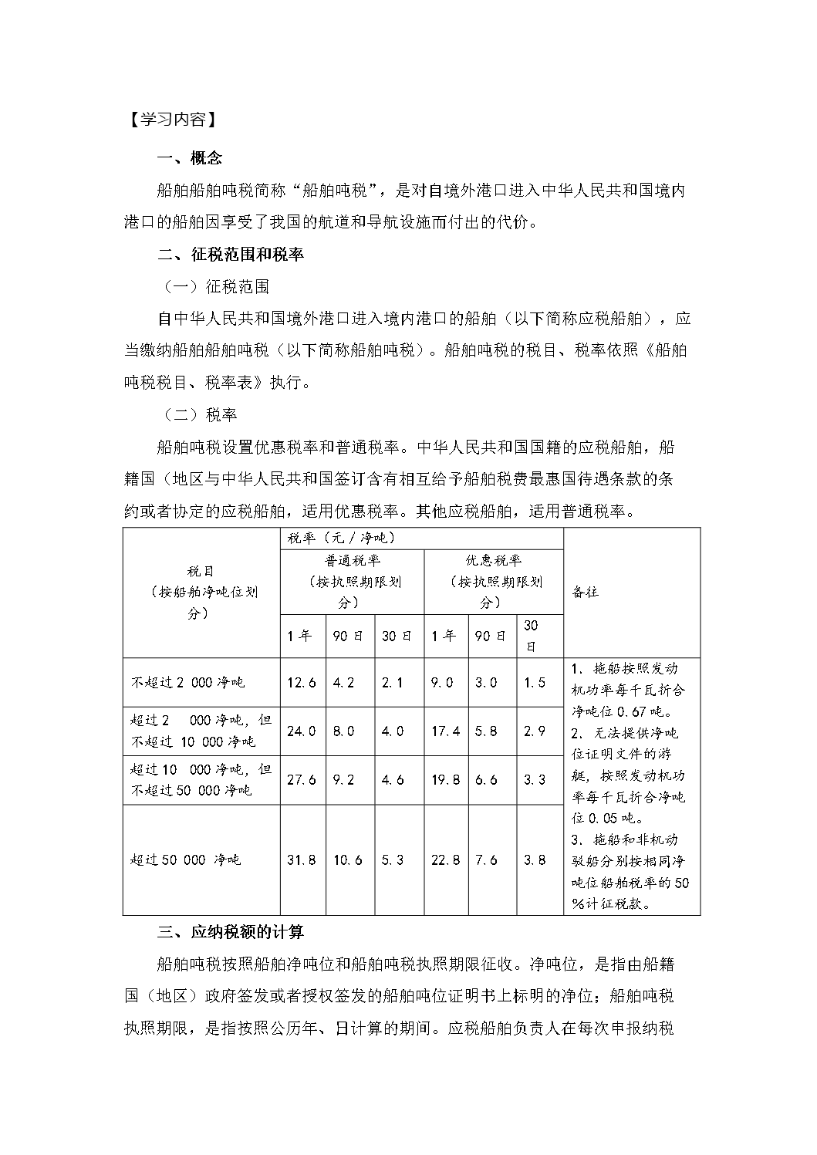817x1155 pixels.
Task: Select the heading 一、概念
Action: pos(189,158)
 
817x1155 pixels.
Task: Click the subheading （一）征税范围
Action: pos(216,287)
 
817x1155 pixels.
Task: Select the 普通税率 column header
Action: pos(353,581)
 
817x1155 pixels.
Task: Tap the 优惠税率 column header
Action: pos(493,581)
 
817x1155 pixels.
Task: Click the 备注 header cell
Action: pos(586,592)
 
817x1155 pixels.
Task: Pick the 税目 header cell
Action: pos(201,592)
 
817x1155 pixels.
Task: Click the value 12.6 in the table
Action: pos(302,682)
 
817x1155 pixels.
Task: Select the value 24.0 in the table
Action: pos(302,731)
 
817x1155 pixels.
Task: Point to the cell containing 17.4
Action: pos(445,731)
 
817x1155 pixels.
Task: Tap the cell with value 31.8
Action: pos(302,859)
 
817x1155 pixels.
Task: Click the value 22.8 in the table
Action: pos(445,859)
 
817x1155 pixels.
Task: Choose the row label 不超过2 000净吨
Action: pos(187,682)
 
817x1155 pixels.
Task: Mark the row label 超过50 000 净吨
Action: pos(185,859)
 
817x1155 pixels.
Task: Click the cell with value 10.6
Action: pos(348,859)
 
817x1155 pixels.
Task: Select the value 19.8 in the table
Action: pos(445,780)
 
